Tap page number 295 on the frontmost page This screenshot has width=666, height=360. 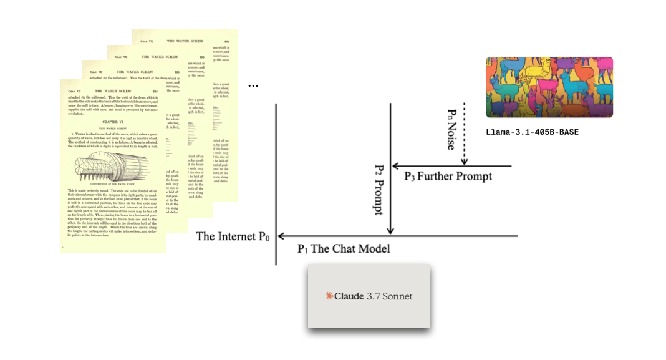point(153,89)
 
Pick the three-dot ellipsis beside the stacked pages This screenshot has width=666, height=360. point(253,85)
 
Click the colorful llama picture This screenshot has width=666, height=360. point(549,87)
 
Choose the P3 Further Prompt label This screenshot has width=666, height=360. point(448,177)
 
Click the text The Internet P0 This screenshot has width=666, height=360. point(233,236)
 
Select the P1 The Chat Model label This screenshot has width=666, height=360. point(343,249)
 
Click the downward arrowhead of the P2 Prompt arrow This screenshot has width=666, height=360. point(390,231)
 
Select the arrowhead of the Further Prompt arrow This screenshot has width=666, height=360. point(395,167)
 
